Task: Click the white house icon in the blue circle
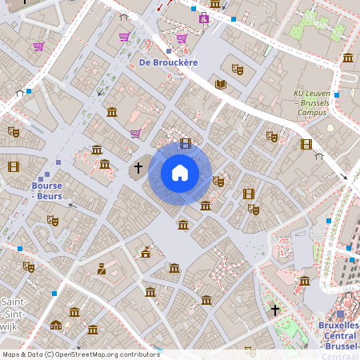180,173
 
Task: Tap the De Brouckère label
168,62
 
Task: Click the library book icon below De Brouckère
221,84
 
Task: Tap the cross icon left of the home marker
138,168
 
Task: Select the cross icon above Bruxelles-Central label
275,309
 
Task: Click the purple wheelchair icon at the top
204,18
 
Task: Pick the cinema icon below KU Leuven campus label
306,144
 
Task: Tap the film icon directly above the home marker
186,144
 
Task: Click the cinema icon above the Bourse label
14,166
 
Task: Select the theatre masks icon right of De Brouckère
236,69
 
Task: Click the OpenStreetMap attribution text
81,354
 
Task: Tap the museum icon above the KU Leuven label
348,58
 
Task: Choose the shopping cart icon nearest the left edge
38,46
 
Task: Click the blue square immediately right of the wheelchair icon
233,19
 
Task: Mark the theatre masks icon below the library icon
272,137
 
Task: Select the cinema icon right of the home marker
248,194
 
